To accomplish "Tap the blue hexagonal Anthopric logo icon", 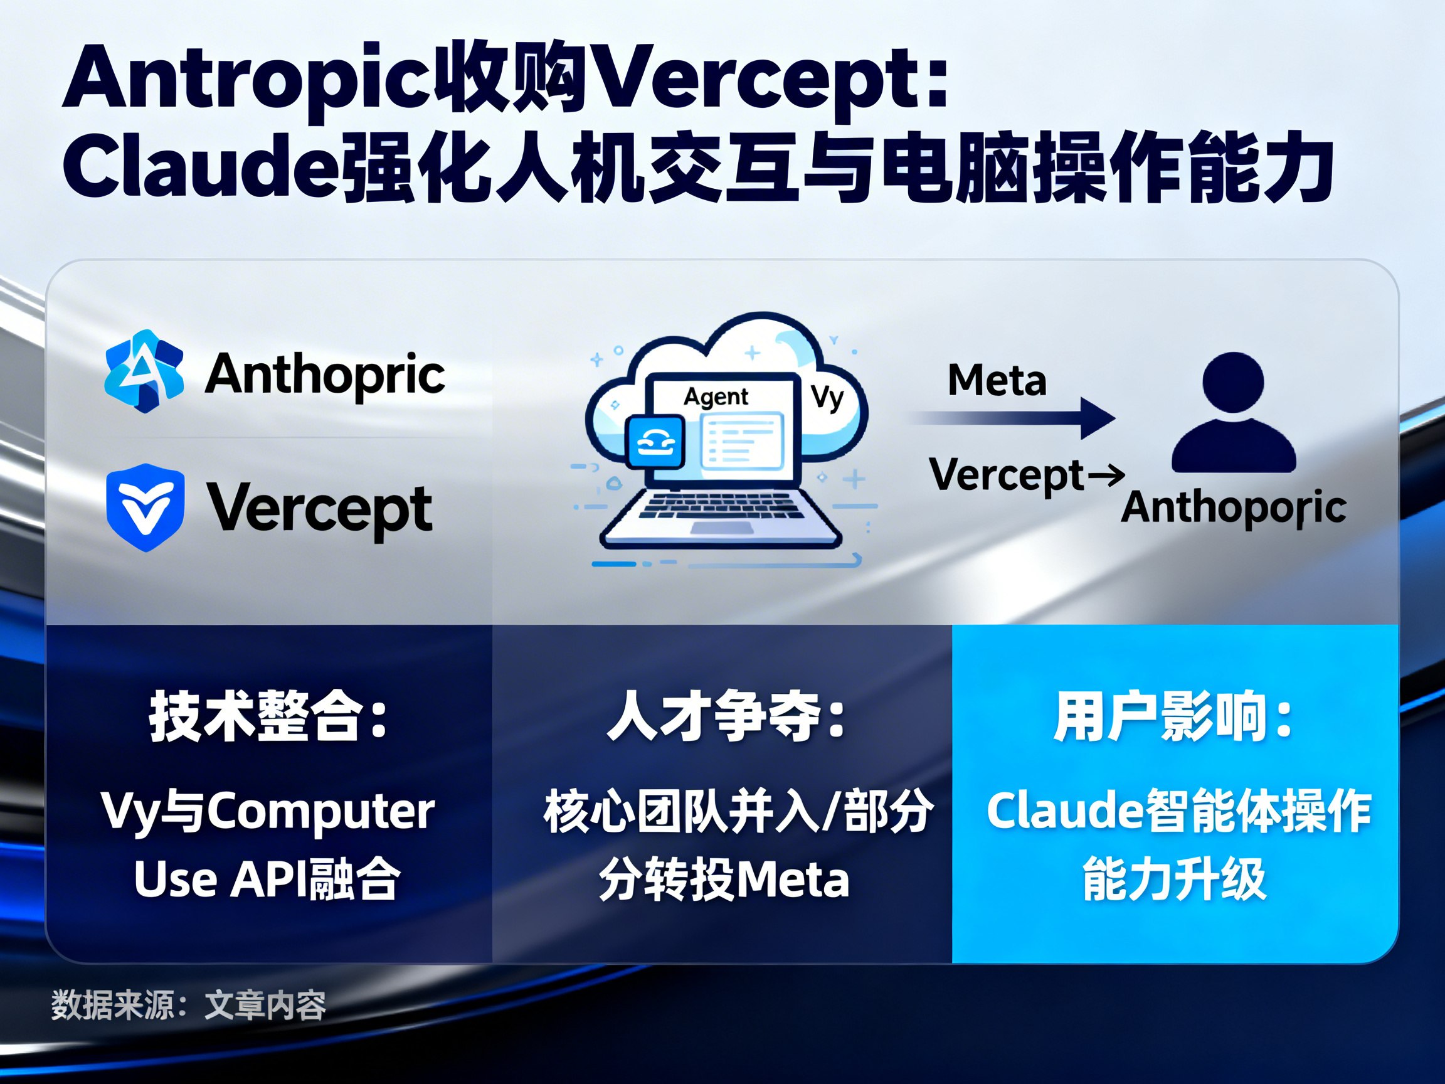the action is coord(144,371).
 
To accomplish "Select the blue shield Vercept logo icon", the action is coord(145,507).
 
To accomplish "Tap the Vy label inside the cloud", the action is coord(827,397).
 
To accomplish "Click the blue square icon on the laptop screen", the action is coord(655,442).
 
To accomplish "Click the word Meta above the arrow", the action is coord(997,380).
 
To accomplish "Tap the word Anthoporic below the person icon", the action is coord(1234,507).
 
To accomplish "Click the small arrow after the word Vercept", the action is coord(1106,475).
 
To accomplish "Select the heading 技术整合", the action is coord(268,717).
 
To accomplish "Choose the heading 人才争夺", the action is coord(726,717).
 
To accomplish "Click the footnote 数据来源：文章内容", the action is coord(188,1005).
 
